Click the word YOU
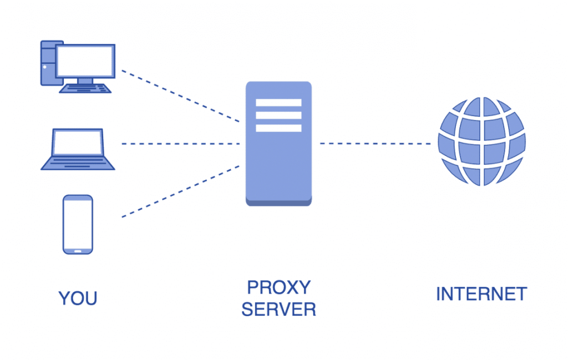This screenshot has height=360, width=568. pos(78,298)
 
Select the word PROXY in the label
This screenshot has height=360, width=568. pos(278,287)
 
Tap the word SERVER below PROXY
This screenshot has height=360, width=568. pos(278,309)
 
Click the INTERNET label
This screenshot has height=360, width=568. pos(481,294)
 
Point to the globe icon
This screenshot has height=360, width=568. pos(481,141)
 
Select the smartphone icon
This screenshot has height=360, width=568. pos(78,224)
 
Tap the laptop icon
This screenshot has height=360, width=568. pos(78,149)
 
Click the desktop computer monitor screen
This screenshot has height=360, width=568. pos(85,60)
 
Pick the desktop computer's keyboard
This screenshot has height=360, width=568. pos(85,88)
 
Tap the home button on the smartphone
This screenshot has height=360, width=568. pos(78,250)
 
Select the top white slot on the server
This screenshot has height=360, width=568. pos(278,103)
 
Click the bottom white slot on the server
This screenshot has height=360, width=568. pos(278,128)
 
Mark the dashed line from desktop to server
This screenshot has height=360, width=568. pos(180,96)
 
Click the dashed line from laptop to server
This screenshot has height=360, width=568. pos(180,144)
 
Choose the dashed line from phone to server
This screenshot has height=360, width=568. pos(180,191)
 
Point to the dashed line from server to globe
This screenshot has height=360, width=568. pos(376,144)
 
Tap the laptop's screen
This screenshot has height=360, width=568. pos(78,143)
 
